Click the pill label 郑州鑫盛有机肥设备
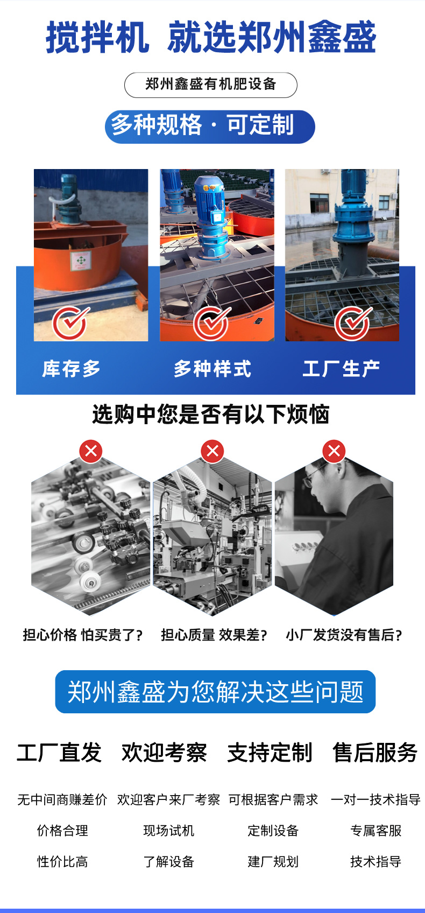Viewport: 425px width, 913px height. click(211, 85)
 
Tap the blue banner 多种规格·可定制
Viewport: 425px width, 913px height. click(210, 127)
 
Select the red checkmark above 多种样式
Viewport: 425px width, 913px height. click(211, 322)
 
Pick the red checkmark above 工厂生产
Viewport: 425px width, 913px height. click(353, 322)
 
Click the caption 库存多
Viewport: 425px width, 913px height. click(71, 369)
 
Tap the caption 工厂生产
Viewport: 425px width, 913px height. click(341, 369)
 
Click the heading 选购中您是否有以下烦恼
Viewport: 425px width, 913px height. click(211, 415)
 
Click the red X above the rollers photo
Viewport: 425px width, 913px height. click(91, 451)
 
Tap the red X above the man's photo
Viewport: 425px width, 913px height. click(334, 451)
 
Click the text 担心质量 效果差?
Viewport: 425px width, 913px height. click(214, 635)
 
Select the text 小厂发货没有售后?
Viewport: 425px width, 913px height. click(344, 635)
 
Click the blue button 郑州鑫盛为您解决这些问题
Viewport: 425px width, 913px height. click(215, 692)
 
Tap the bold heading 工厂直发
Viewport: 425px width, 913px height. click(59, 752)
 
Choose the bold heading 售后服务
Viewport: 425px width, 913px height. click(376, 752)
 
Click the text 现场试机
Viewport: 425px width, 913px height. click(169, 830)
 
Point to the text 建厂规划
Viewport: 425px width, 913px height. click(273, 861)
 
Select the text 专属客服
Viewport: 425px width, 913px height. click(376, 830)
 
